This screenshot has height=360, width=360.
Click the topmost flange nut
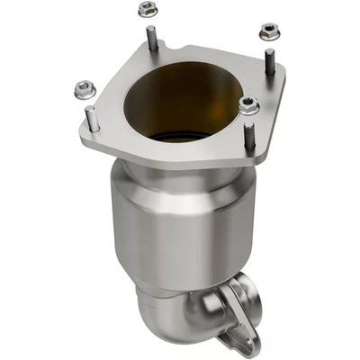pos(146,10)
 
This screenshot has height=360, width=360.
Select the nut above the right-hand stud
pos(267,31)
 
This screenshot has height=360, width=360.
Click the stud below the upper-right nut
pos(269,66)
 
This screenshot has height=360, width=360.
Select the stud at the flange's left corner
pos(90,118)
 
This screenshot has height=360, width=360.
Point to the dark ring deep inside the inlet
pos(176,138)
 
